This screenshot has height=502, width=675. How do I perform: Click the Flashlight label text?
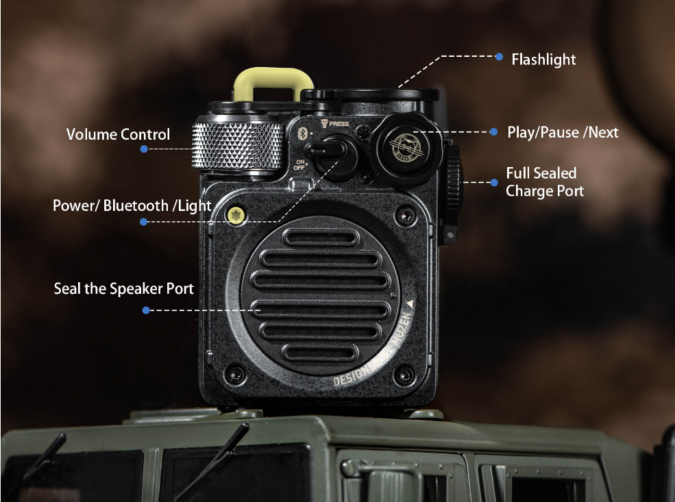(543, 60)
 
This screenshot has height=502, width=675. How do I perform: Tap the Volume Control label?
(118, 134)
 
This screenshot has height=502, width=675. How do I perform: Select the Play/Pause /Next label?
(563, 132)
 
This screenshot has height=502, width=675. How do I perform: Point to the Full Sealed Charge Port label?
(545, 182)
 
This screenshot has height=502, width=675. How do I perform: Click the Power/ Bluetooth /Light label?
(132, 205)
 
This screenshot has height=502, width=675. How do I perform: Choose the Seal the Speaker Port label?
(124, 289)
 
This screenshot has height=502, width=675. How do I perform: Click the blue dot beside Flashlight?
(499, 57)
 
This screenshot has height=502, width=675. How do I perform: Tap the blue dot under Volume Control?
(144, 149)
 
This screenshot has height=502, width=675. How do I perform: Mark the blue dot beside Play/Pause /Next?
(493, 131)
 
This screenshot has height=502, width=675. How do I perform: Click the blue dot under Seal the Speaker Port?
(146, 310)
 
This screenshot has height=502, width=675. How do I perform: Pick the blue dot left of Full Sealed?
(494, 182)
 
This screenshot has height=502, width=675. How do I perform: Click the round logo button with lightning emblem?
(402, 144)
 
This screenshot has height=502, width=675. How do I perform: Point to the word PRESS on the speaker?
(339, 124)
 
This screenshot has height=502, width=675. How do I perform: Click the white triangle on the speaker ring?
(409, 302)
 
